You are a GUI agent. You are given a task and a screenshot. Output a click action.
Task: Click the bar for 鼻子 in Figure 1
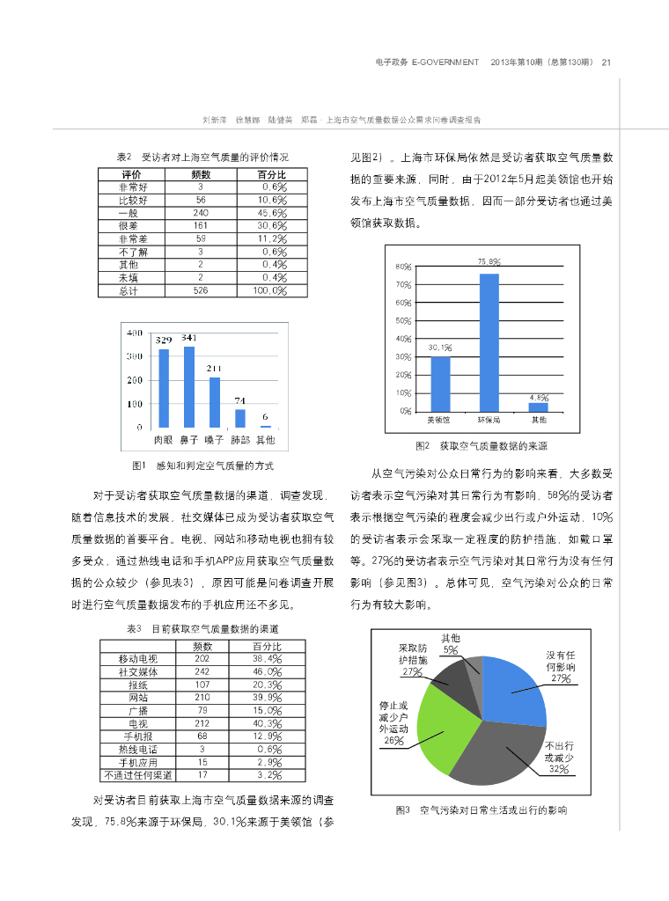(x=189, y=386)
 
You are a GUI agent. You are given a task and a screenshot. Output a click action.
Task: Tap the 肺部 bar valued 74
(x=240, y=418)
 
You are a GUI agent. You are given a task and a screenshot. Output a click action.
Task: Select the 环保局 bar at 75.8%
(x=489, y=342)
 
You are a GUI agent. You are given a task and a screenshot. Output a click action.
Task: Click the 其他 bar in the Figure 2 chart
(x=538, y=407)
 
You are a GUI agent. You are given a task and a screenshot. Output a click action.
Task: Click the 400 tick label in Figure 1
(x=135, y=333)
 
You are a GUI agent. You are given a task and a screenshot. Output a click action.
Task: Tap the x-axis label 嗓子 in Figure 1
(x=214, y=438)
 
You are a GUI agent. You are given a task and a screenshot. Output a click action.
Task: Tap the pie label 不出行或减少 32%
(x=558, y=757)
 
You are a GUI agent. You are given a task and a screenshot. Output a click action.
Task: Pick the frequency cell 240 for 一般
(x=201, y=213)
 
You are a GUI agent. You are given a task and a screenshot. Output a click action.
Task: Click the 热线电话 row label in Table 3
(x=137, y=749)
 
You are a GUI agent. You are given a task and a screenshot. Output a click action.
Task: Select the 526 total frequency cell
(x=201, y=290)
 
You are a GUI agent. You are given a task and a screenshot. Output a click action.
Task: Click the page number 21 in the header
(x=607, y=62)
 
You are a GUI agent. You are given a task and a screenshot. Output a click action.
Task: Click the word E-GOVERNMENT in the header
(x=445, y=62)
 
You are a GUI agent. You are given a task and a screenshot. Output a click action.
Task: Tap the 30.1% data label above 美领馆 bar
(x=440, y=348)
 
